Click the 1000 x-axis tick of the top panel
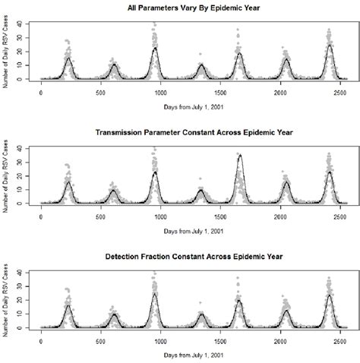(x=159, y=93)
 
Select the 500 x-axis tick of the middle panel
(x=100, y=216)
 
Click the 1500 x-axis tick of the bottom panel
(x=219, y=341)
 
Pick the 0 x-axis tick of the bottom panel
(x=41, y=341)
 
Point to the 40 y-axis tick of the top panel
(x=26, y=24)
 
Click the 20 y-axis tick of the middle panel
(x=26, y=176)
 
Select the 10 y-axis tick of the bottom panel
(x=26, y=314)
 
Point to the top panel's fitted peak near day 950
(x=155, y=48)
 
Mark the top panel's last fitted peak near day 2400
(x=329, y=45)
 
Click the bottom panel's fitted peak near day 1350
(x=201, y=314)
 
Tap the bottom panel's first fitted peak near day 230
(x=68, y=305)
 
